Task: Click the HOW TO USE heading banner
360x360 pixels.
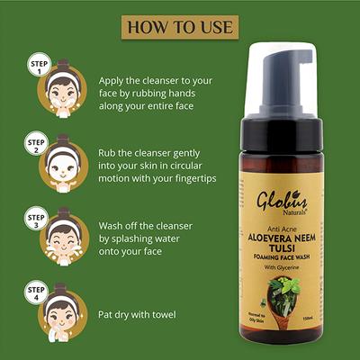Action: [179, 24]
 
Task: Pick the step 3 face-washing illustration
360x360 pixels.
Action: [61, 241]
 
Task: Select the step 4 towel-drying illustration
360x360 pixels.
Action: [61, 316]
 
